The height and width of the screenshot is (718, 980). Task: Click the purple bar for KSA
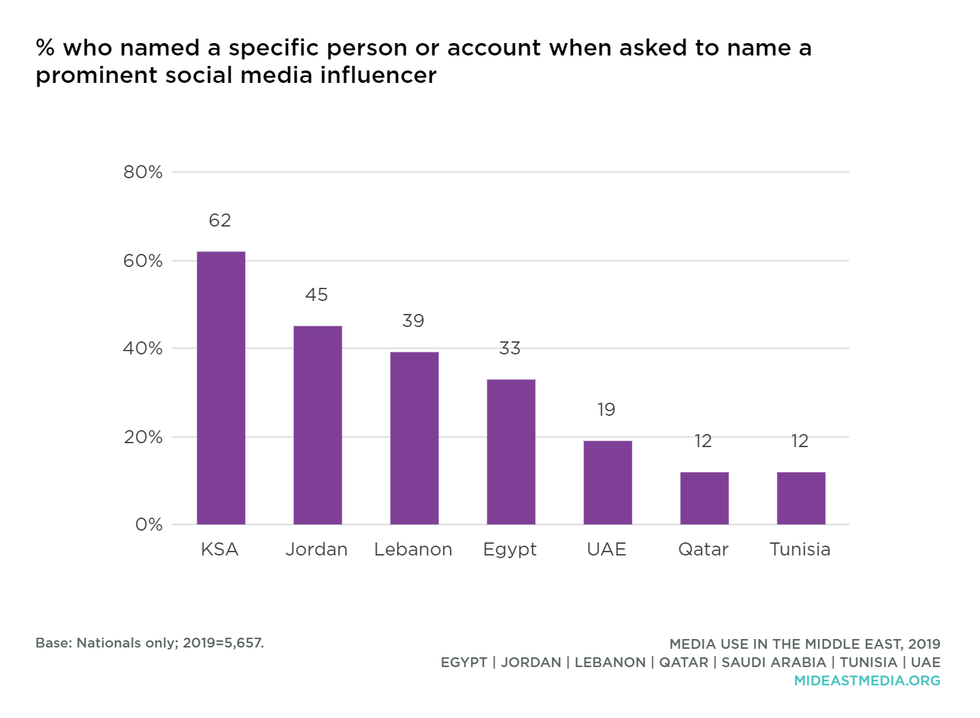click(221, 388)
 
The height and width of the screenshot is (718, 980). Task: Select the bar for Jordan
click(318, 425)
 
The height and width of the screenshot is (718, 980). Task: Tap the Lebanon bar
click(414, 438)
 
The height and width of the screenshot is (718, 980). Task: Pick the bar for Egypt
click(511, 452)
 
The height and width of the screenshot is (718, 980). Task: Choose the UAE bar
click(608, 482)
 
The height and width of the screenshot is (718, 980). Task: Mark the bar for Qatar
click(704, 498)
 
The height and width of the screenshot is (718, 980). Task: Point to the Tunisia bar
click(801, 498)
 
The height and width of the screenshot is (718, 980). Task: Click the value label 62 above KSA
click(220, 221)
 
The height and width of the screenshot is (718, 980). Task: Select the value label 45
click(317, 295)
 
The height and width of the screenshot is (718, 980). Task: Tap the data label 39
click(413, 321)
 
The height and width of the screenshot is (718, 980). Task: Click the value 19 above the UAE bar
click(606, 410)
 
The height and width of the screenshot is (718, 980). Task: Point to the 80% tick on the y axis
click(143, 172)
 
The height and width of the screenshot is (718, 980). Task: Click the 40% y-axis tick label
click(143, 349)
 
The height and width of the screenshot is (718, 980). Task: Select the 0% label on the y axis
click(149, 525)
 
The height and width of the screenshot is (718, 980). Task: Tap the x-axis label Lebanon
click(413, 550)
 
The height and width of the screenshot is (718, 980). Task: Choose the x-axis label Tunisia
click(800, 550)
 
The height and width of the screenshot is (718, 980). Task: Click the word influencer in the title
click(378, 76)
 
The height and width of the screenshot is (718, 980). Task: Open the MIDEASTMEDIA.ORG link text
click(867, 681)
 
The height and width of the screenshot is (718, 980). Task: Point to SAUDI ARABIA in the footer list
click(774, 663)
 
